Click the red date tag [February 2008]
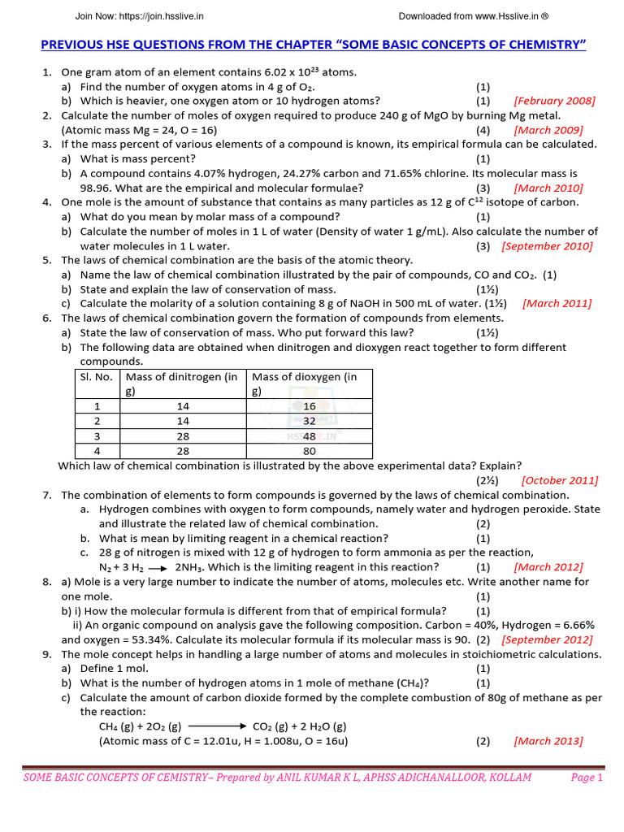coord(554,101)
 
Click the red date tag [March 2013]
coord(548,741)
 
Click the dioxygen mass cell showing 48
coord(309,435)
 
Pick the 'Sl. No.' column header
coord(96,377)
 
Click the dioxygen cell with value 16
coord(309,406)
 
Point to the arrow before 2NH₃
coord(158,567)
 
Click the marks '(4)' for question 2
coord(483,130)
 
